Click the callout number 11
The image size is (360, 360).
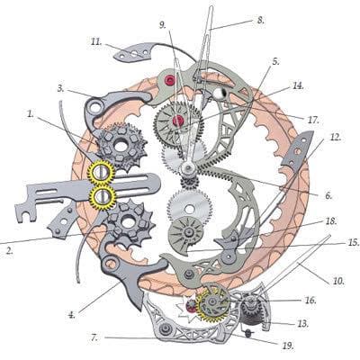(x=96, y=41)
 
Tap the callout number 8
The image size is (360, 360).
(x=260, y=20)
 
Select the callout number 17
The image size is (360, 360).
(x=312, y=120)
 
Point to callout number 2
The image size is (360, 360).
(x=10, y=251)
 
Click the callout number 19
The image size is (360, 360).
(x=287, y=346)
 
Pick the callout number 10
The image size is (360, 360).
(x=338, y=281)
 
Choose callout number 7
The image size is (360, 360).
(x=94, y=338)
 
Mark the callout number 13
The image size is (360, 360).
(x=302, y=323)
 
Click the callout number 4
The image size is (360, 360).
(x=71, y=315)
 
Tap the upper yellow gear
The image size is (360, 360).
(x=101, y=173)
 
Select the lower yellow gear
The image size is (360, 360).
(x=103, y=197)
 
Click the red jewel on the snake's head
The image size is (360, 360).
(x=170, y=80)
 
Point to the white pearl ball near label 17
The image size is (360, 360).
(x=220, y=94)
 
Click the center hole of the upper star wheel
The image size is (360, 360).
(x=121, y=147)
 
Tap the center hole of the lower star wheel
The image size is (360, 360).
(x=129, y=222)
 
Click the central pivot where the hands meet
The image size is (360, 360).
(x=189, y=168)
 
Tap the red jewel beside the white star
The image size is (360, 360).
(x=191, y=306)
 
